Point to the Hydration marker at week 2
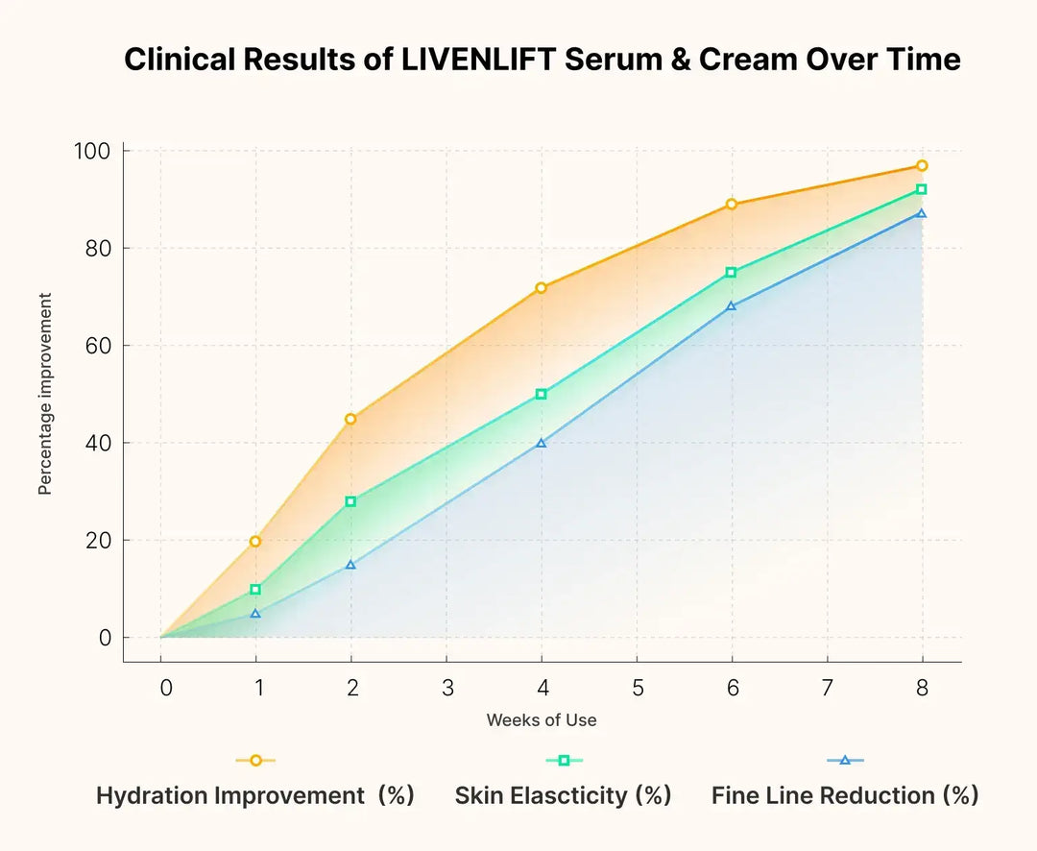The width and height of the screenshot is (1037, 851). click(350, 419)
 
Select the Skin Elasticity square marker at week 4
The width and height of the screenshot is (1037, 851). click(542, 394)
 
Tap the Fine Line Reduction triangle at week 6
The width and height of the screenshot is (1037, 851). click(732, 306)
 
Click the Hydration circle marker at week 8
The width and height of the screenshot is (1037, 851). click(922, 165)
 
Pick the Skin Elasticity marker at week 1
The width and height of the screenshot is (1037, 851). click(255, 590)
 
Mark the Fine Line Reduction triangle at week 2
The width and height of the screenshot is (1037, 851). click(350, 565)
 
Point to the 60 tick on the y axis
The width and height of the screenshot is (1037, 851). click(97, 346)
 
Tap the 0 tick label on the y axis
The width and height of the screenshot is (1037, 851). click(104, 638)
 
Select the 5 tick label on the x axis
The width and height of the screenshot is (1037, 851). click(637, 689)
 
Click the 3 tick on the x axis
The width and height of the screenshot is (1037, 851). click(446, 689)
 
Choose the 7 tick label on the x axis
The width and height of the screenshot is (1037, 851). click(827, 689)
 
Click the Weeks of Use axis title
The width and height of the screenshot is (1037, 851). click(541, 720)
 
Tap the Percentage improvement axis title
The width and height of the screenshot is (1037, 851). click(45, 395)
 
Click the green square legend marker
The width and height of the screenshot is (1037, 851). click(564, 760)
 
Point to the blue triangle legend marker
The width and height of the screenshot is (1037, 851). click(845, 760)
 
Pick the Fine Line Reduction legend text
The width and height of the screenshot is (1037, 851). click(845, 796)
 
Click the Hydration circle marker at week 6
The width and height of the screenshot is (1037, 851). click(732, 205)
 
